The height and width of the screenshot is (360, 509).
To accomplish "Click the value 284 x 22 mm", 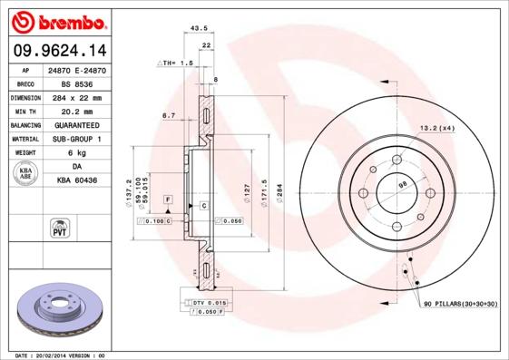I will click(x=77, y=97).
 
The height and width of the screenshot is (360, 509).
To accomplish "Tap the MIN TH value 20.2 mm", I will click(x=77, y=111).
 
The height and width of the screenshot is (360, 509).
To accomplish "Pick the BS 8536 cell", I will click(x=77, y=83).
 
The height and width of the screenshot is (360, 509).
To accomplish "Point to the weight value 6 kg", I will click(x=77, y=153).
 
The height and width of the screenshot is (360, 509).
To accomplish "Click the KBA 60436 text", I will click(x=77, y=181).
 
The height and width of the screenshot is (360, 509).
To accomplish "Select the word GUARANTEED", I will click(x=77, y=125).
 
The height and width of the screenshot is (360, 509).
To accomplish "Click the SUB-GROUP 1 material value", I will click(x=77, y=139).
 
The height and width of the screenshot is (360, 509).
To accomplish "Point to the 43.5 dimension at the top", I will click(x=192, y=29).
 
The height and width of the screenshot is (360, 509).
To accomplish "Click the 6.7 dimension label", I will click(x=168, y=116).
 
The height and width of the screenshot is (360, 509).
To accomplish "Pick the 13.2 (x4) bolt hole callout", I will click(x=436, y=129).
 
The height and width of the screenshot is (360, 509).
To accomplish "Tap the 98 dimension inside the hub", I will click(x=403, y=184).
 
